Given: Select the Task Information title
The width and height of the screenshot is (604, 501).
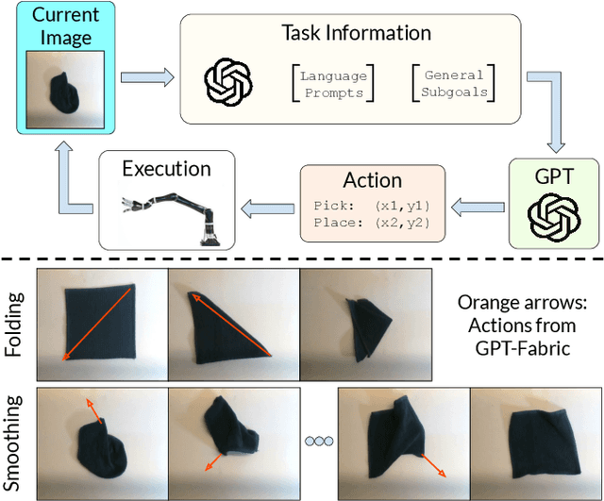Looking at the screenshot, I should (x=356, y=32).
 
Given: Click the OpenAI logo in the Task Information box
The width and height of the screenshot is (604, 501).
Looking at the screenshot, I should (x=228, y=82).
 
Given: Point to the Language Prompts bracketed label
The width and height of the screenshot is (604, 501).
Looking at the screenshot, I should (x=331, y=83).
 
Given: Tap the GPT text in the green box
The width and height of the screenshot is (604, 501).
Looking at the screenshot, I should (x=553, y=176).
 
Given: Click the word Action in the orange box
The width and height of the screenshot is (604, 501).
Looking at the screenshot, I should (x=374, y=179).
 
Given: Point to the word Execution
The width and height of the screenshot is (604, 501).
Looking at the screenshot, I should (x=166, y=169).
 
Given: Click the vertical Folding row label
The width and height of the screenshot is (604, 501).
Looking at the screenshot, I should (x=13, y=321).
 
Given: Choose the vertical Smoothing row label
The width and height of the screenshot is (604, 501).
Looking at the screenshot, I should (x=13, y=441).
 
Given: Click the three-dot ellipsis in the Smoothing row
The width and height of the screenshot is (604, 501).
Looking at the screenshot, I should (x=318, y=441).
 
